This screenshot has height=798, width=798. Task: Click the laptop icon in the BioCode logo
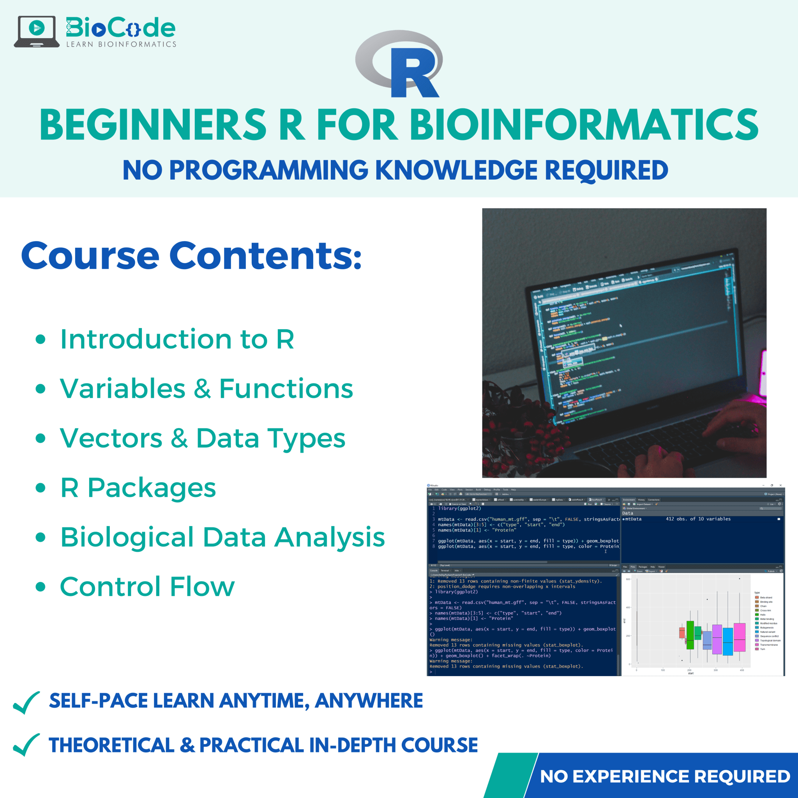[36, 31]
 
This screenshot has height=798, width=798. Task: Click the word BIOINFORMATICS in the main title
[584, 125]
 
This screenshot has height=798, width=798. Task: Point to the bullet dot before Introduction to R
[41, 339]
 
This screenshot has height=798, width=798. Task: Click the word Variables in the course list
[123, 388]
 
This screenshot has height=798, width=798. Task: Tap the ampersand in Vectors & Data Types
[179, 438]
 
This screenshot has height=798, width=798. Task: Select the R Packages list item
[138, 488]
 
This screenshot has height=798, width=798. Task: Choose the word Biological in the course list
[127, 537]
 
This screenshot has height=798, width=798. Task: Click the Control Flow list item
[147, 586]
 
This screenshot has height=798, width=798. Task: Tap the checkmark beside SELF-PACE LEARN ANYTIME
[26, 702]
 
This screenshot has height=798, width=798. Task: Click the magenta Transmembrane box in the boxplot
[739, 637]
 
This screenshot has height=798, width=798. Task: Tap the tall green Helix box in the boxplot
[690, 635]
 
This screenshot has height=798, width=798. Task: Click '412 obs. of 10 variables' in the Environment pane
[698, 519]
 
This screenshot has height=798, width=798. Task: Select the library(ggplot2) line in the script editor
[460, 508]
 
